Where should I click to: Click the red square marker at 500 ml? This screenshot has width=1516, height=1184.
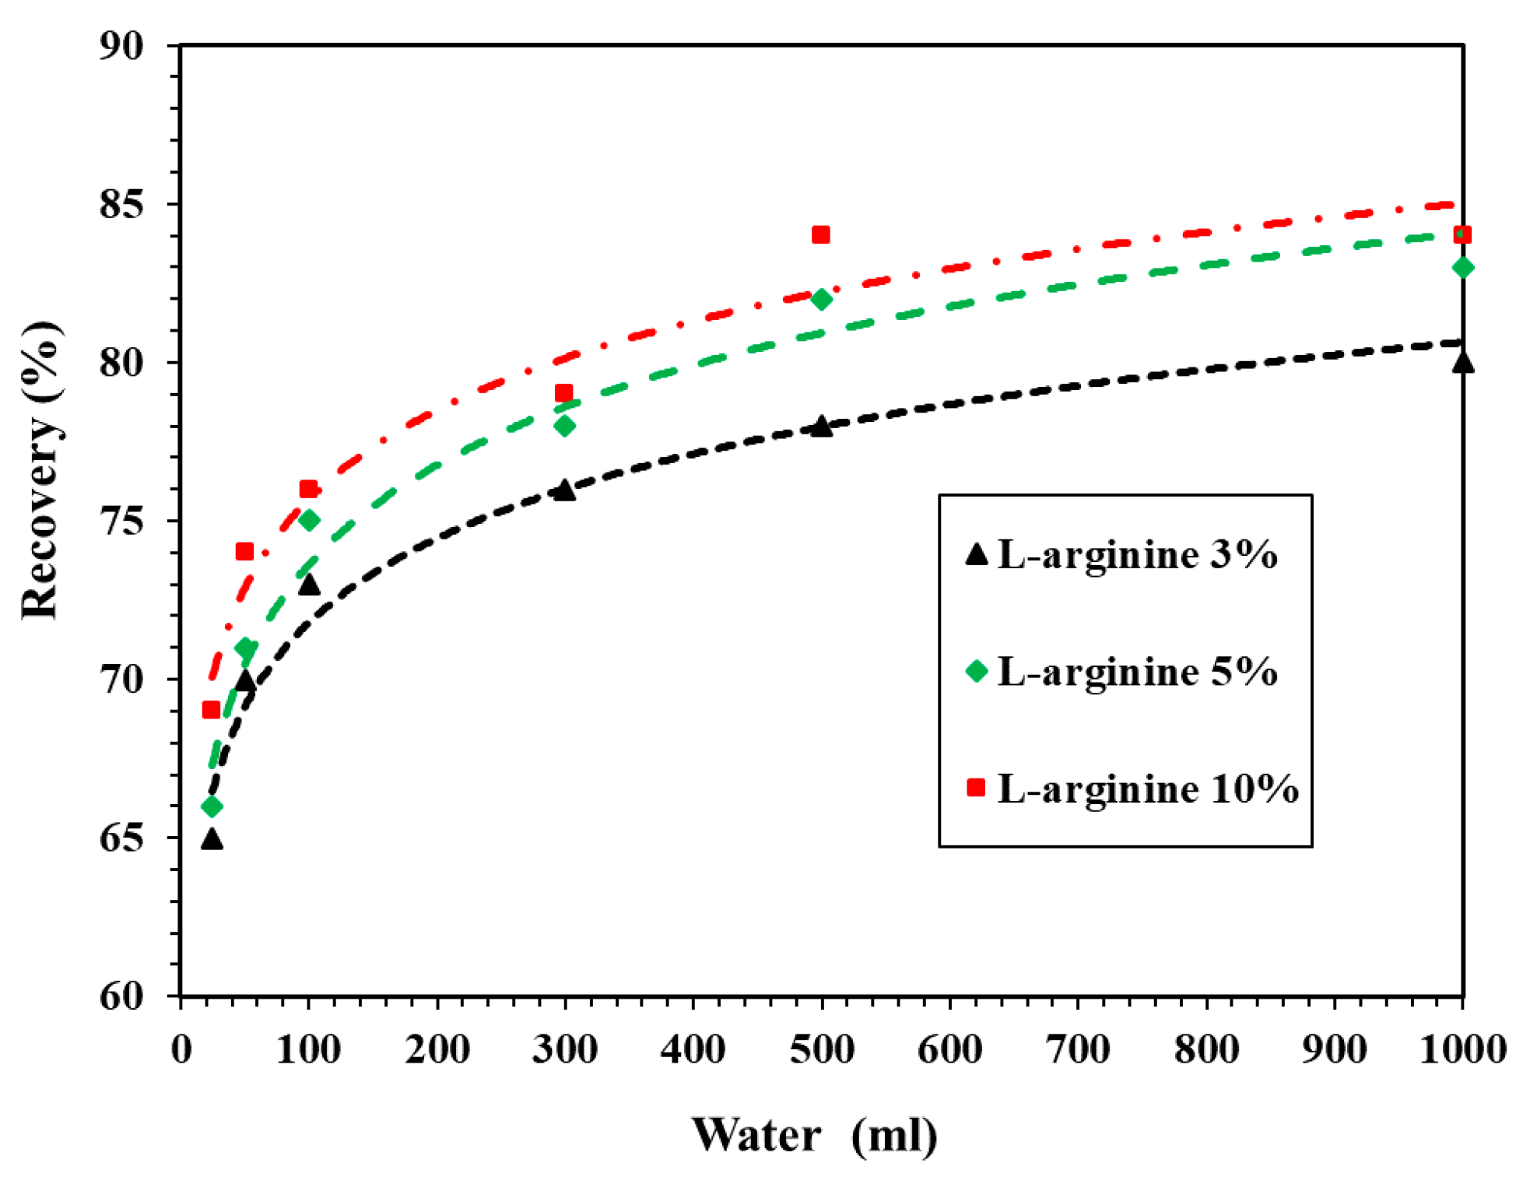pyautogui.click(x=820, y=234)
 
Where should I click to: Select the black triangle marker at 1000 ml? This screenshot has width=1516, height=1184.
pyautogui.click(x=1462, y=363)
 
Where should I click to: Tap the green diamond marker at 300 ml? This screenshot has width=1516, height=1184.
pyautogui.click(x=564, y=426)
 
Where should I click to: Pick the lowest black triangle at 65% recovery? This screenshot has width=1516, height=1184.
pyautogui.click(x=212, y=839)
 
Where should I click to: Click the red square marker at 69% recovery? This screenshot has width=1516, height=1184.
pyautogui.click(x=211, y=710)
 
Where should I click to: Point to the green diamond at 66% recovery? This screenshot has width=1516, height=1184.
pyautogui.click(x=212, y=806)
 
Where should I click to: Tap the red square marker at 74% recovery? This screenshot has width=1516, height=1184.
pyautogui.click(x=244, y=552)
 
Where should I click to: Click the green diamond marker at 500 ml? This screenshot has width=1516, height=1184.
pyautogui.click(x=821, y=299)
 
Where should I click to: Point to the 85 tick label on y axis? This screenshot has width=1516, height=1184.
pyautogui.click(x=122, y=205)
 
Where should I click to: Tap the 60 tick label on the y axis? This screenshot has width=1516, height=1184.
pyautogui.click(x=122, y=996)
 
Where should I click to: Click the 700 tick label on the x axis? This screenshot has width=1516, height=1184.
pyautogui.click(x=1078, y=1050)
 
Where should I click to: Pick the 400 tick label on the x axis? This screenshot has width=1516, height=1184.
pyautogui.click(x=693, y=1050)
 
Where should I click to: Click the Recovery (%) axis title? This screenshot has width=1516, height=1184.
pyautogui.click(x=40, y=470)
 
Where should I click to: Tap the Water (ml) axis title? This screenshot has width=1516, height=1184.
pyautogui.click(x=814, y=1135)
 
